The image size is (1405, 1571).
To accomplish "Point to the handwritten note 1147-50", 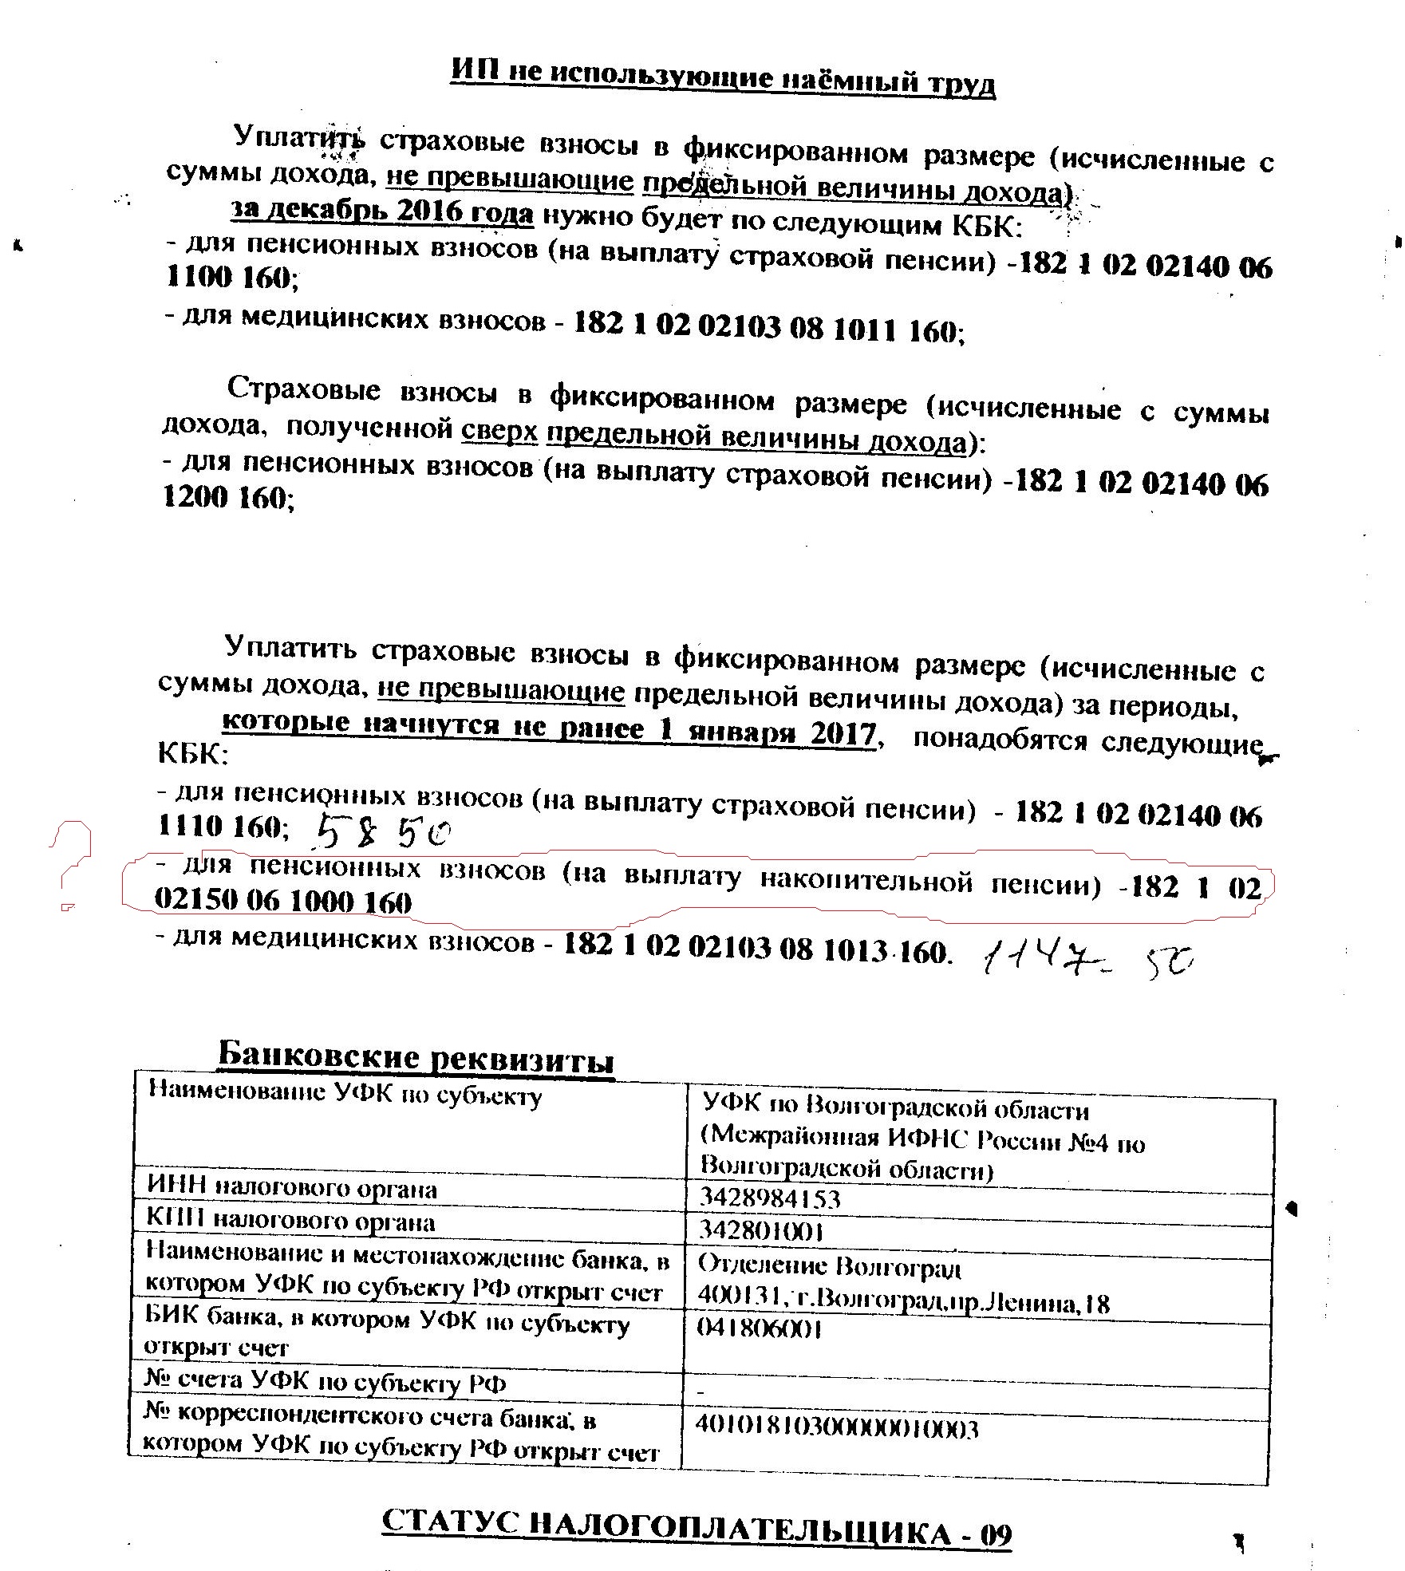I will [1088, 964].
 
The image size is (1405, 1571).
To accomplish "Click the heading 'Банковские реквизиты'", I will [416, 1057].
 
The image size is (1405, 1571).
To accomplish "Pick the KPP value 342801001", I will [761, 1230].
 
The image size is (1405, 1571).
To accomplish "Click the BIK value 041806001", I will [760, 1328].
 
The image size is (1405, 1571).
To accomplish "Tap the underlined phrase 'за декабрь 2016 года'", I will [382, 211].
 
